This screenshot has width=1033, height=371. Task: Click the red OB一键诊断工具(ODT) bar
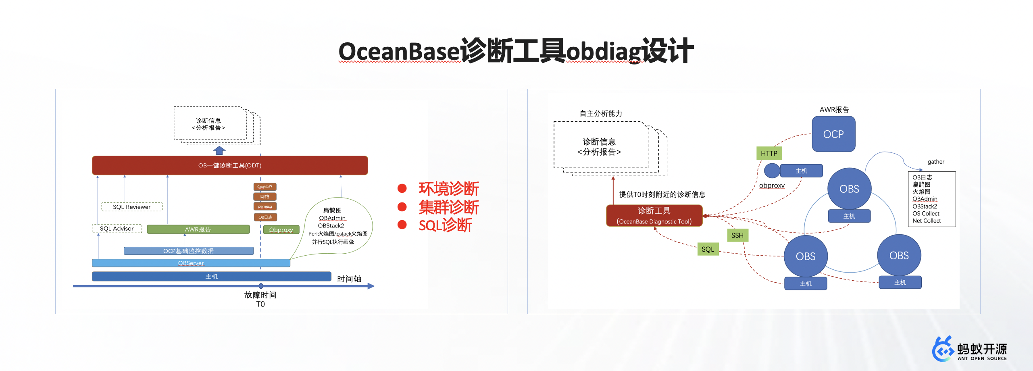[x=230, y=165]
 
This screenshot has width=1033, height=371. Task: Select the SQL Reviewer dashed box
[x=131, y=207]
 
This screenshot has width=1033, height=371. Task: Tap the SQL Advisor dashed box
[x=117, y=229]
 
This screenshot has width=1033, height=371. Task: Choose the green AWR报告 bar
[x=198, y=229]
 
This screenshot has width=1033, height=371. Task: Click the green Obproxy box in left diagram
[x=281, y=230]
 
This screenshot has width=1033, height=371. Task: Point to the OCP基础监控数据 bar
[x=188, y=251]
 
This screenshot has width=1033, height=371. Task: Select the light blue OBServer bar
[x=191, y=263]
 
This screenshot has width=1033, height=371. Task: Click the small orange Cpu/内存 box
[x=265, y=187]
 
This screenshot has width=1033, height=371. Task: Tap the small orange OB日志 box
[x=265, y=217]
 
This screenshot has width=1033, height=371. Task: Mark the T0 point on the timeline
[x=261, y=286]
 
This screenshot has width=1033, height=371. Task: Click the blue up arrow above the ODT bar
[x=219, y=150]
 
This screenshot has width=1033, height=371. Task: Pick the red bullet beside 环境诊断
[x=402, y=188]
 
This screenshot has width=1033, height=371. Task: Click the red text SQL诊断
[x=445, y=225]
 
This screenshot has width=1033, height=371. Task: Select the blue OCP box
[x=833, y=134]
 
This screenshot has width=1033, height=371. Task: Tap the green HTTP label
[x=769, y=153]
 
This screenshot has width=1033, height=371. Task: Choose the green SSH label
[x=737, y=235]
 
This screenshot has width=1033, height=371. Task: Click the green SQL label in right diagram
[x=708, y=249]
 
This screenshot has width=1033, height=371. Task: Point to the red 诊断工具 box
[x=654, y=216]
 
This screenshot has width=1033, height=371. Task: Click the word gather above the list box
[x=936, y=162]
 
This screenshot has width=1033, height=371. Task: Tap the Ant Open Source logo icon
[x=943, y=349]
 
